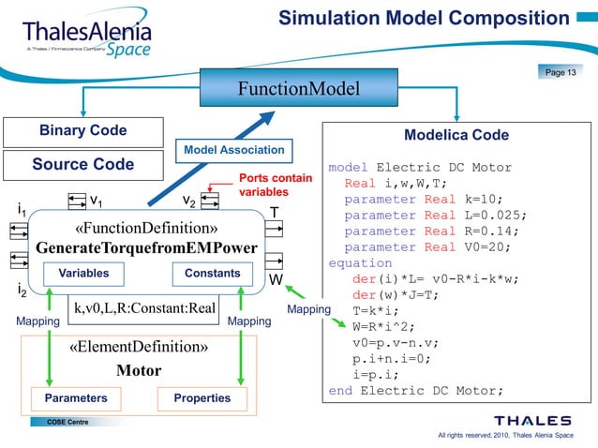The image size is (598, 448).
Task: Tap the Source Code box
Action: [x=82, y=164]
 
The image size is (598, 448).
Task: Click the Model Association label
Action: [x=233, y=149]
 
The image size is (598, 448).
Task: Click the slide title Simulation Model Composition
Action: [x=424, y=18]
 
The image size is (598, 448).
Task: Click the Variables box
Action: [x=83, y=274]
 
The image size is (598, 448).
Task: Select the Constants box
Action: [x=213, y=274]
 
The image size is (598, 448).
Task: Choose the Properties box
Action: [x=202, y=398]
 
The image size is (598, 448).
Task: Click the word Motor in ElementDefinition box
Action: [x=139, y=369]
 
